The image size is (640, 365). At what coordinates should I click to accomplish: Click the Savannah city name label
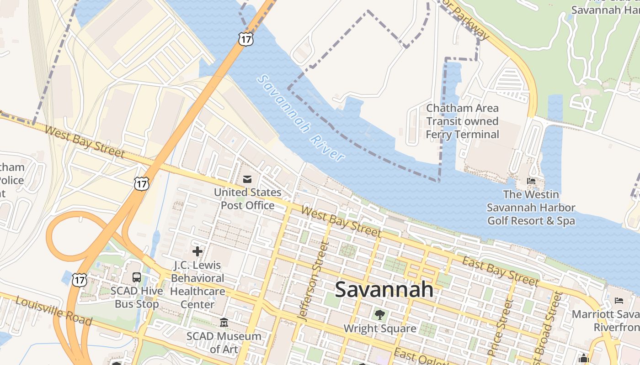tap(384, 289)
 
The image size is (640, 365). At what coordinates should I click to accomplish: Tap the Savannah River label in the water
tap(301, 118)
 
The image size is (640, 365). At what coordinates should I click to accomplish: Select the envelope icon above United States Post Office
tap(247, 179)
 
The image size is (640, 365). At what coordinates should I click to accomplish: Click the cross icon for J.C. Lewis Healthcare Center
tap(197, 251)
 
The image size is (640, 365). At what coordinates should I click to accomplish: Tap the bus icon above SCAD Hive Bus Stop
tap(136, 277)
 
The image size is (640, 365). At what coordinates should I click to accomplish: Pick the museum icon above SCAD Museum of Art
tap(224, 323)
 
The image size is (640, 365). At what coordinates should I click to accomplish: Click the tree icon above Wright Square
tap(379, 314)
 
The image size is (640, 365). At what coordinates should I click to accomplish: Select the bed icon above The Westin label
tap(531, 181)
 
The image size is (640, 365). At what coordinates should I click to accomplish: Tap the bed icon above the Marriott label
tap(619, 300)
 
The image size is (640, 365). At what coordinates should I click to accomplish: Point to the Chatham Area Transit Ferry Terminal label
tap(462, 121)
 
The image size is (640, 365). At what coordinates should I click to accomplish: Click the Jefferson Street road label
tap(313, 280)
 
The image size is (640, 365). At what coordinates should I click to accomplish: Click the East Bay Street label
tap(500, 271)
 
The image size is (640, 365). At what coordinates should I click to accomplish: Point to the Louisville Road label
tap(53, 311)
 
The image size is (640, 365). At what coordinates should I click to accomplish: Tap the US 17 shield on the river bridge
tap(245, 39)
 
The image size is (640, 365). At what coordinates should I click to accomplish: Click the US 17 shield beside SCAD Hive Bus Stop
tap(80, 280)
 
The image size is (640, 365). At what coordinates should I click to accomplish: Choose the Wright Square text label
tap(379, 328)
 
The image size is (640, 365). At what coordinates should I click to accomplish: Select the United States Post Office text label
tap(248, 199)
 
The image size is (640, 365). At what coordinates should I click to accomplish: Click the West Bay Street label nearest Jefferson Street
tap(341, 222)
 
